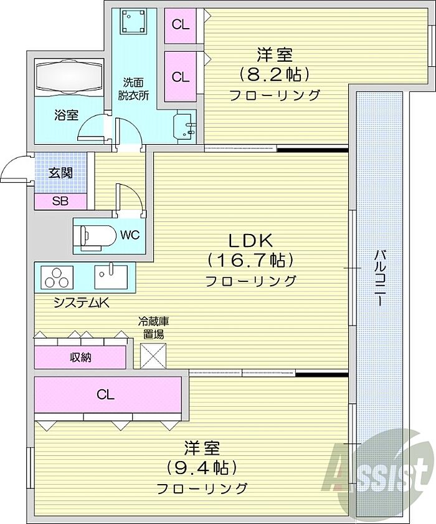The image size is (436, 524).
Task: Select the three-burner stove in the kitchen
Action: [57, 277]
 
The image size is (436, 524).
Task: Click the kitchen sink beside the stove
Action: [111, 276]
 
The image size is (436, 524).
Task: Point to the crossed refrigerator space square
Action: [153, 356]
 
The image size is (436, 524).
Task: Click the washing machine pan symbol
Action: [134, 21]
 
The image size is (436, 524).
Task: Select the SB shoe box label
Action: [60, 201]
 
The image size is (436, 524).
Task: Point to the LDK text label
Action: [250, 240]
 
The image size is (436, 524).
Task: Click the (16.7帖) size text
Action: [250, 260]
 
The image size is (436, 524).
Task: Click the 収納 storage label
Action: [80, 357]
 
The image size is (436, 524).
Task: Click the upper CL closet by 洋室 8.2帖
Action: [181, 25]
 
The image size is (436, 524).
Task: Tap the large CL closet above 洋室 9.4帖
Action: [108, 394]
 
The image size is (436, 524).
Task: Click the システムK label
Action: [82, 303]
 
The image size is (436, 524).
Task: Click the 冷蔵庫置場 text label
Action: [153, 328]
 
